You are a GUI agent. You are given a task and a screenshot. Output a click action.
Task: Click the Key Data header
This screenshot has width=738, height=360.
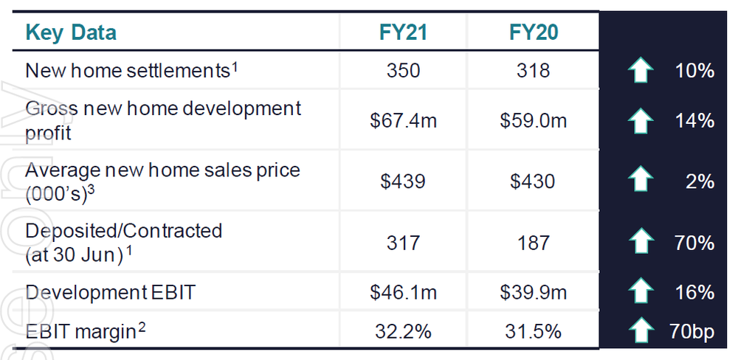click(71, 33)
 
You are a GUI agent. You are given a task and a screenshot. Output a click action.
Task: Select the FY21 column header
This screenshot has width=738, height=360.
click(403, 33)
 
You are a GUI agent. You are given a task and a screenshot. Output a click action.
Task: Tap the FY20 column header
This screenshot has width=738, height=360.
click(533, 33)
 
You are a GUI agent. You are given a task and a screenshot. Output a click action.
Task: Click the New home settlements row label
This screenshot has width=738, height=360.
click(131, 71)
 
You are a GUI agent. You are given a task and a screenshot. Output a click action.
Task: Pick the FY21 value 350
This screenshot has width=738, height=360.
click(403, 71)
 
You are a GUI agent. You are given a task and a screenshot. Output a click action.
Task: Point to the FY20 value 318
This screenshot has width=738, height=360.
click(533, 71)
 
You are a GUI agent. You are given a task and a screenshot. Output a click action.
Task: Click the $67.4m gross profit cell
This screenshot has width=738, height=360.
click(403, 120)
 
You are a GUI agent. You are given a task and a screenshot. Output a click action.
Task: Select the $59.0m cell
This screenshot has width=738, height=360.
click(533, 120)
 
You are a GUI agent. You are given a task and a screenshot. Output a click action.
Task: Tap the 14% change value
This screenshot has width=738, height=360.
click(694, 120)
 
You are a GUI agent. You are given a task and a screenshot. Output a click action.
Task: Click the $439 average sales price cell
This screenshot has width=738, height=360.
click(403, 181)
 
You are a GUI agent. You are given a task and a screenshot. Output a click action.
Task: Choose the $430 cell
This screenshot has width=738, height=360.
click(533, 181)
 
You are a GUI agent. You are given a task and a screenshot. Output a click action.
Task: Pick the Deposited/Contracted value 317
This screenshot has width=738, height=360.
click(403, 243)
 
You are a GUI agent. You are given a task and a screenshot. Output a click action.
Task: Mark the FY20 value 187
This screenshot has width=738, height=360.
click(533, 243)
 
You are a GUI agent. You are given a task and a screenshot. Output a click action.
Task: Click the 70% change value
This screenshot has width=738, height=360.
click(694, 243)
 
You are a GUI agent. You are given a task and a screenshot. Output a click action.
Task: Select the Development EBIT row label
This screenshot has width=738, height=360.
click(110, 292)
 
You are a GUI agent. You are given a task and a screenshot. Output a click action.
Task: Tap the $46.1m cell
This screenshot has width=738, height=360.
click(403, 292)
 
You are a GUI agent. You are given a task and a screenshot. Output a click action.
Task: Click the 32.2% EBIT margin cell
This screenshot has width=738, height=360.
click(403, 332)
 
